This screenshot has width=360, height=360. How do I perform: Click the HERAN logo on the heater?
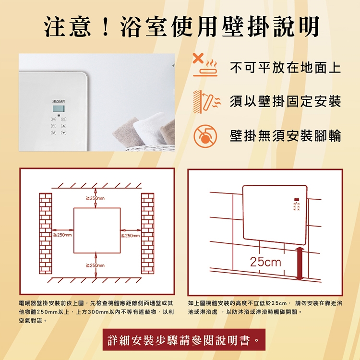(x=59, y=101)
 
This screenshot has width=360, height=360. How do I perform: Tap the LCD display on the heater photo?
(x=59, y=108)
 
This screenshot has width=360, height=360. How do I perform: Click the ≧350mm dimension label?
(x=95, y=198)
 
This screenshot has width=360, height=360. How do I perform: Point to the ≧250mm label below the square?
(x=95, y=265)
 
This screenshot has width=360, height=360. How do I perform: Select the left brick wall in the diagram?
(x=46, y=233)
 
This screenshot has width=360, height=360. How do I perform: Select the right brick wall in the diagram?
(x=148, y=233)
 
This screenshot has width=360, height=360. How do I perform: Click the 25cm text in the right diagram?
(x=265, y=262)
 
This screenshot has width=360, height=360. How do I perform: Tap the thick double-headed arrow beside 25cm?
(x=300, y=264)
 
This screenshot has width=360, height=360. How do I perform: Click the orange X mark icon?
(x=198, y=58)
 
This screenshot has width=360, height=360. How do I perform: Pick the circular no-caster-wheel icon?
(x=205, y=136)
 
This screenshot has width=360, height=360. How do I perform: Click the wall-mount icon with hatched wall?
(x=206, y=102)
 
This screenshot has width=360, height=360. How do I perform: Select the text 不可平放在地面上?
(x=286, y=68)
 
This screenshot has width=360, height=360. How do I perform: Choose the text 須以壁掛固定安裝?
(x=286, y=101)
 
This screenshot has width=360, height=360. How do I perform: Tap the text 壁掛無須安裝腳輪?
(x=286, y=136)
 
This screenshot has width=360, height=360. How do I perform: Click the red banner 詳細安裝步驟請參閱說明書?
(x=184, y=339)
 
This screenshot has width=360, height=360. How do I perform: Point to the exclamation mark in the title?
(x=106, y=27)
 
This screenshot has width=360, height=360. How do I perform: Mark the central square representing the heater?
(x=97, y=230)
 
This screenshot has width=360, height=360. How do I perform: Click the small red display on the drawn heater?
(x=297, y=200)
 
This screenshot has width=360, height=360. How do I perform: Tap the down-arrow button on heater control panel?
(x=63, y=132)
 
